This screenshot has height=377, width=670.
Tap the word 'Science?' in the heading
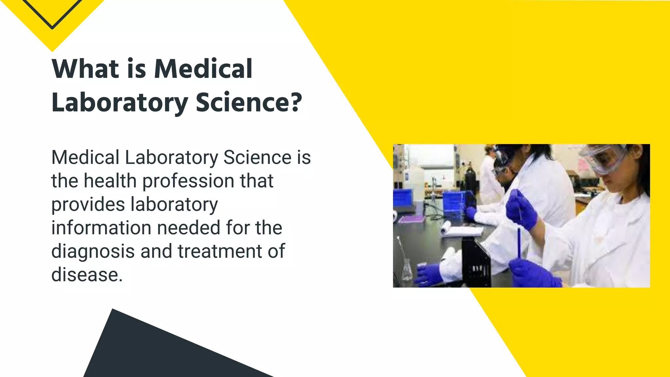(x=249, y=102)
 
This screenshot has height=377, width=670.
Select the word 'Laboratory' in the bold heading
(x=120, y=103)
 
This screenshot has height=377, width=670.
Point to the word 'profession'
(x=188, y=181)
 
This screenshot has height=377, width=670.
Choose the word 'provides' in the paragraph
(x=88, y=205)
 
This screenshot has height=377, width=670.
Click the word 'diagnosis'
(x=93, y=252)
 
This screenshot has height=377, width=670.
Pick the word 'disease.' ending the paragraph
(x=87, y=275)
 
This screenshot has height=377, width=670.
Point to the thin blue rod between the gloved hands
(x=519, y=242)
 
